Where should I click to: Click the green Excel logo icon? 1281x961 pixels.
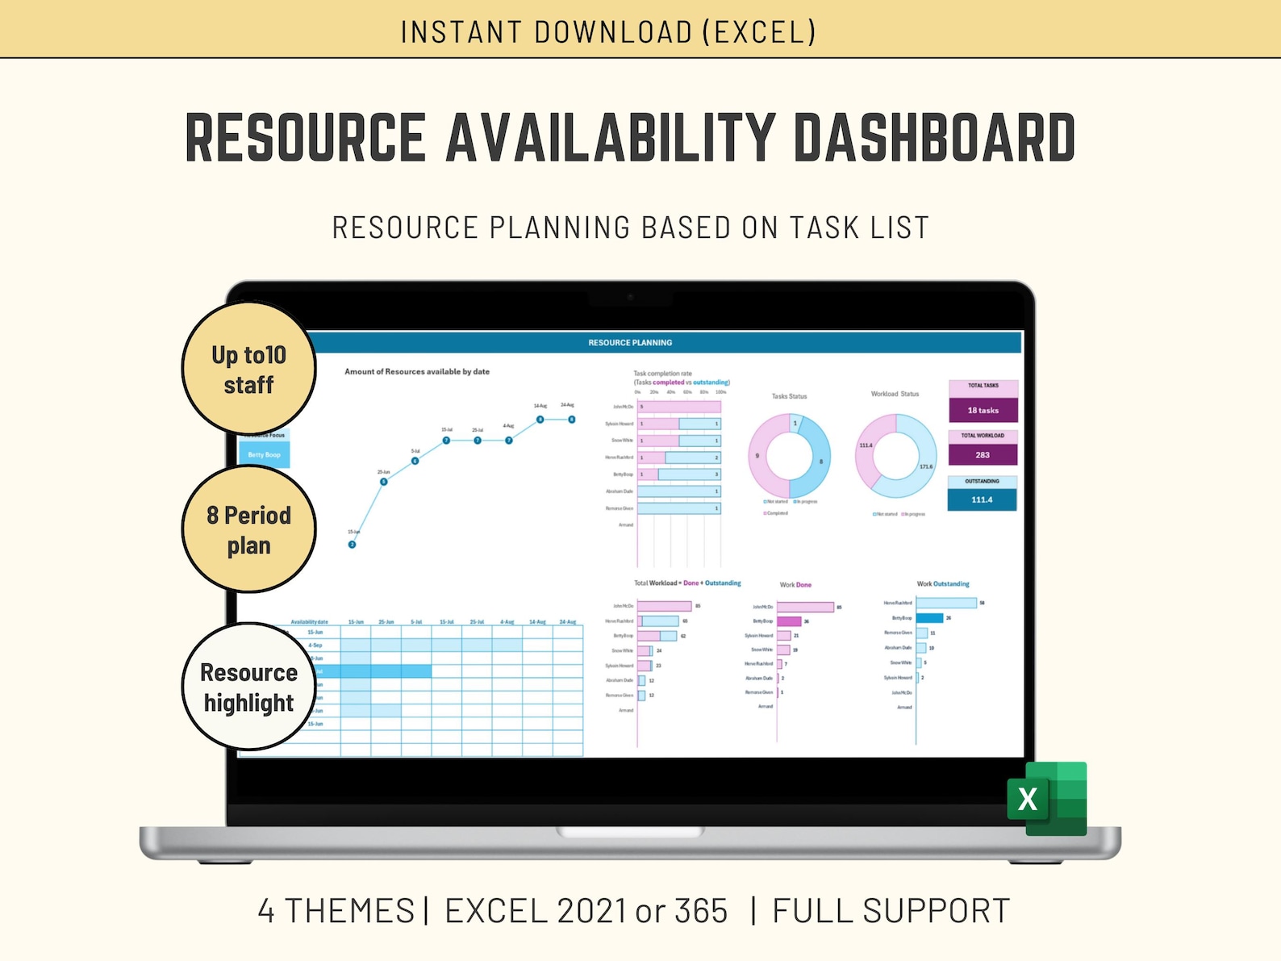[1047, 799]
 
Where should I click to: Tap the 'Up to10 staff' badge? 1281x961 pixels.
[248, 369]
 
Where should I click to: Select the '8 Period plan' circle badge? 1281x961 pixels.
[248, 529]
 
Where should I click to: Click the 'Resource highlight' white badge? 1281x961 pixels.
[248, 687]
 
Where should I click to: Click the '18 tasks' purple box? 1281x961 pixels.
[983, 411]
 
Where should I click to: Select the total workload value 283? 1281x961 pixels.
[983, 455]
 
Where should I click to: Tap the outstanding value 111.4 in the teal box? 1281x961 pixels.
[982, 500]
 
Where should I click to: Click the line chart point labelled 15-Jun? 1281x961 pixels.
[352, 545]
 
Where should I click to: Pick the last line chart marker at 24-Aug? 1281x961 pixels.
[572, 420]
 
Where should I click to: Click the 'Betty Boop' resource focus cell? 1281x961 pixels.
[265, 455]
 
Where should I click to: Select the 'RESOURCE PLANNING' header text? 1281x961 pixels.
[630, 343]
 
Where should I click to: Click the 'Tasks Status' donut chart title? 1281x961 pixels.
[789, 396]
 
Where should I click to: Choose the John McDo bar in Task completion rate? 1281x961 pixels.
[678, 407]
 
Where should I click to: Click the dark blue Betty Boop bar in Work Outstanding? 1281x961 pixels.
[929, 618]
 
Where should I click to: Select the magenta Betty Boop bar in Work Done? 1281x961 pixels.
[789, 621]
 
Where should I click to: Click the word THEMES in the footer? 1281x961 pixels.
[349, 911]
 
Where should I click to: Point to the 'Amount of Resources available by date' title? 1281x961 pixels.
[417, 372]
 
